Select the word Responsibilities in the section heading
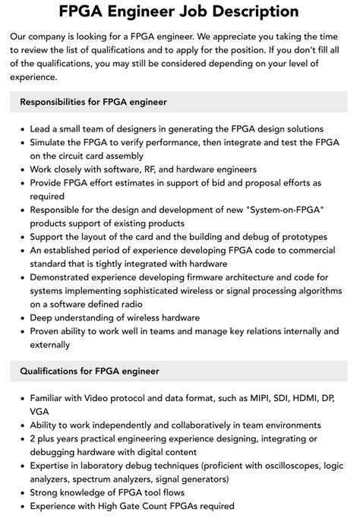58,101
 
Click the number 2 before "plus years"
33,438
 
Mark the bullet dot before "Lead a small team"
21,129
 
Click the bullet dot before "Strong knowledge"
21,493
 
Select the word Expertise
52,466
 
